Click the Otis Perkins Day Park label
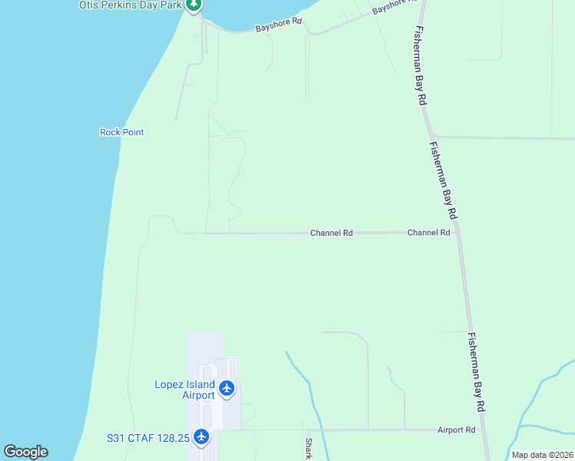(131, 5)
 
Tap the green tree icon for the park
(194, 5)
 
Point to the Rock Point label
(121, 132)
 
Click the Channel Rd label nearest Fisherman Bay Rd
(428, 232)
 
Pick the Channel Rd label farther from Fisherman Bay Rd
(331, 232)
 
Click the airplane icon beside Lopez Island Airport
(227, 388)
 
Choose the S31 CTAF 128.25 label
(148, 438)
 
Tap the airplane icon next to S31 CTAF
(201, 437)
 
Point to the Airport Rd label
(457, 430)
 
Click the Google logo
(25, 452)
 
